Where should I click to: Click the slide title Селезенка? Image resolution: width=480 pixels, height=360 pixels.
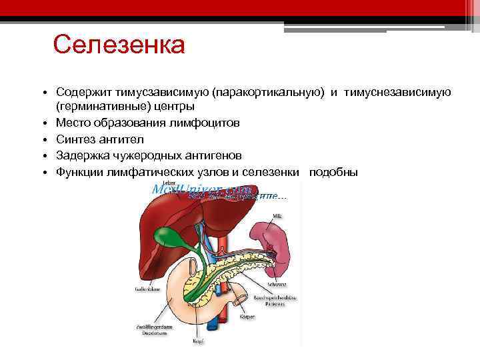coord(119,46)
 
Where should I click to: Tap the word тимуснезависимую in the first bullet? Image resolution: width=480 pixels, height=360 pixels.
coord(399,91)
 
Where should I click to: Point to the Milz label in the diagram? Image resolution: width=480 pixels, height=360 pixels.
coord(277,217)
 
